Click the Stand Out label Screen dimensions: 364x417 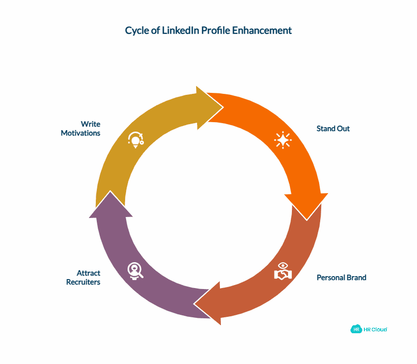(x=333, y=129)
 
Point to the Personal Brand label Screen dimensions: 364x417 (x=342, y=278)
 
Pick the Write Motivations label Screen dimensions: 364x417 (x=80, y=129)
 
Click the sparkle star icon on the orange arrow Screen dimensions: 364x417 (x=283, y=140)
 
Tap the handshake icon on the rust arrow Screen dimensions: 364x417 (x=283, y=272)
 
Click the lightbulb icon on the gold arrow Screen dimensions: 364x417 (x=135, y=139)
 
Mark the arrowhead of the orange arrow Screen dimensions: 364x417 (x=306, y=205)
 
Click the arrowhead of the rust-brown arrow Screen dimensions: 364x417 (x=208, y=303)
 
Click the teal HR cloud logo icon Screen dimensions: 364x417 (x=356, y=329)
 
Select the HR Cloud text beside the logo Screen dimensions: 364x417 (x=375, y=330)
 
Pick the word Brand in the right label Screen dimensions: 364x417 (x=356, y=278)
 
